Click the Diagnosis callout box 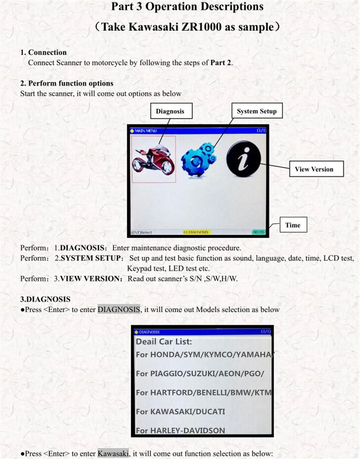[170, 111]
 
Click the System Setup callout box [256, 111]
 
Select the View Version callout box [314, 169]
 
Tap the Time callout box [293, 225]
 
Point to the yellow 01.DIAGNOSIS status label [196, 232]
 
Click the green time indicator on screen [258, 232]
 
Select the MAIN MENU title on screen [145, 130]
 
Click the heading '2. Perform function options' [67, 83]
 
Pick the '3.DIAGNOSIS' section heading [45, 299]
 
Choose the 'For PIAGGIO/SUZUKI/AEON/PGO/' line [200, 373]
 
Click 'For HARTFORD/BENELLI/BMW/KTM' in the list [203, 393]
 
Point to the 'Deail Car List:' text [164, 342]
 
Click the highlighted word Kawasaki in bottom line [113, 453]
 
